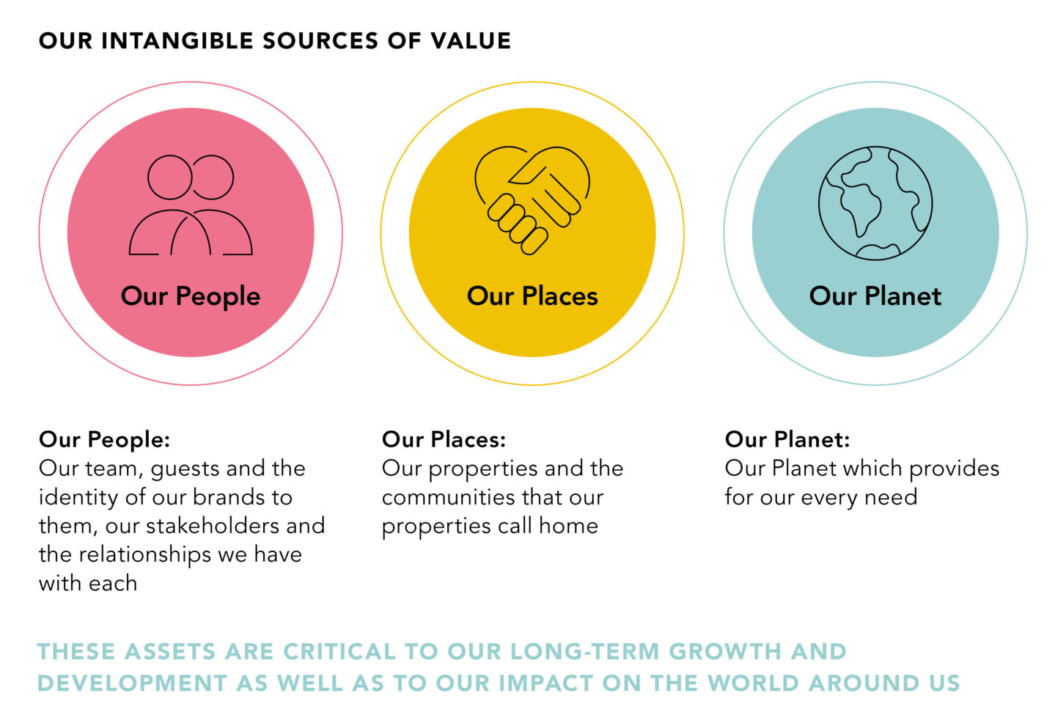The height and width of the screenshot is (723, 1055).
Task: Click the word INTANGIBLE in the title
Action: [x=177, y=40]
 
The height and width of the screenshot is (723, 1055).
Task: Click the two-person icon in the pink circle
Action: [x=191, y=205]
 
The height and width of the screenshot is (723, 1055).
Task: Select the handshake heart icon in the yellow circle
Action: [x=532, y=200]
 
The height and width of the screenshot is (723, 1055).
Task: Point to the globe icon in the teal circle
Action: [x=875, y=203]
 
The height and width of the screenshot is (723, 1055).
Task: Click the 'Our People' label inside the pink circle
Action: [x=191, y=296]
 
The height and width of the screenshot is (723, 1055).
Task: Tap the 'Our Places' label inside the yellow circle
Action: [x=532, y=296]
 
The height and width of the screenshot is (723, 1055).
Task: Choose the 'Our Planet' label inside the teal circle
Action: [x=875, y=296]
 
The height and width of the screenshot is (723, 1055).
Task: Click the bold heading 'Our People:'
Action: [x=105, y=440]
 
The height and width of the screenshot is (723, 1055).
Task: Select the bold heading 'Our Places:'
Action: [x=444, y=439]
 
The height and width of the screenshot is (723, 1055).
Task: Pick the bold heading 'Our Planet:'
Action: [x=787, y=439]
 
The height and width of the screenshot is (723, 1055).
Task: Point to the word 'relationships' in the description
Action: [x=144, y=555]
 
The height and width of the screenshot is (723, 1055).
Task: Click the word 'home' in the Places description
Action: [x=568, y=526]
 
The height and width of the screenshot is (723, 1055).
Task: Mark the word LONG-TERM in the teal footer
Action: [x=585, y=651]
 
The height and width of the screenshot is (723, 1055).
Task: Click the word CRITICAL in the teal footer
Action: [x=339, y=651]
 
